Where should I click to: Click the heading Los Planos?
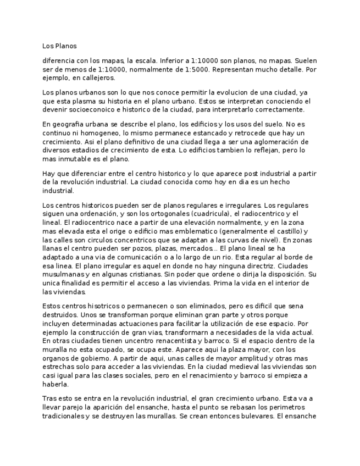pyautogui.click(x=60, y=46)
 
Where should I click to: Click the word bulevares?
pyautogui.click(x=255, y=417)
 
